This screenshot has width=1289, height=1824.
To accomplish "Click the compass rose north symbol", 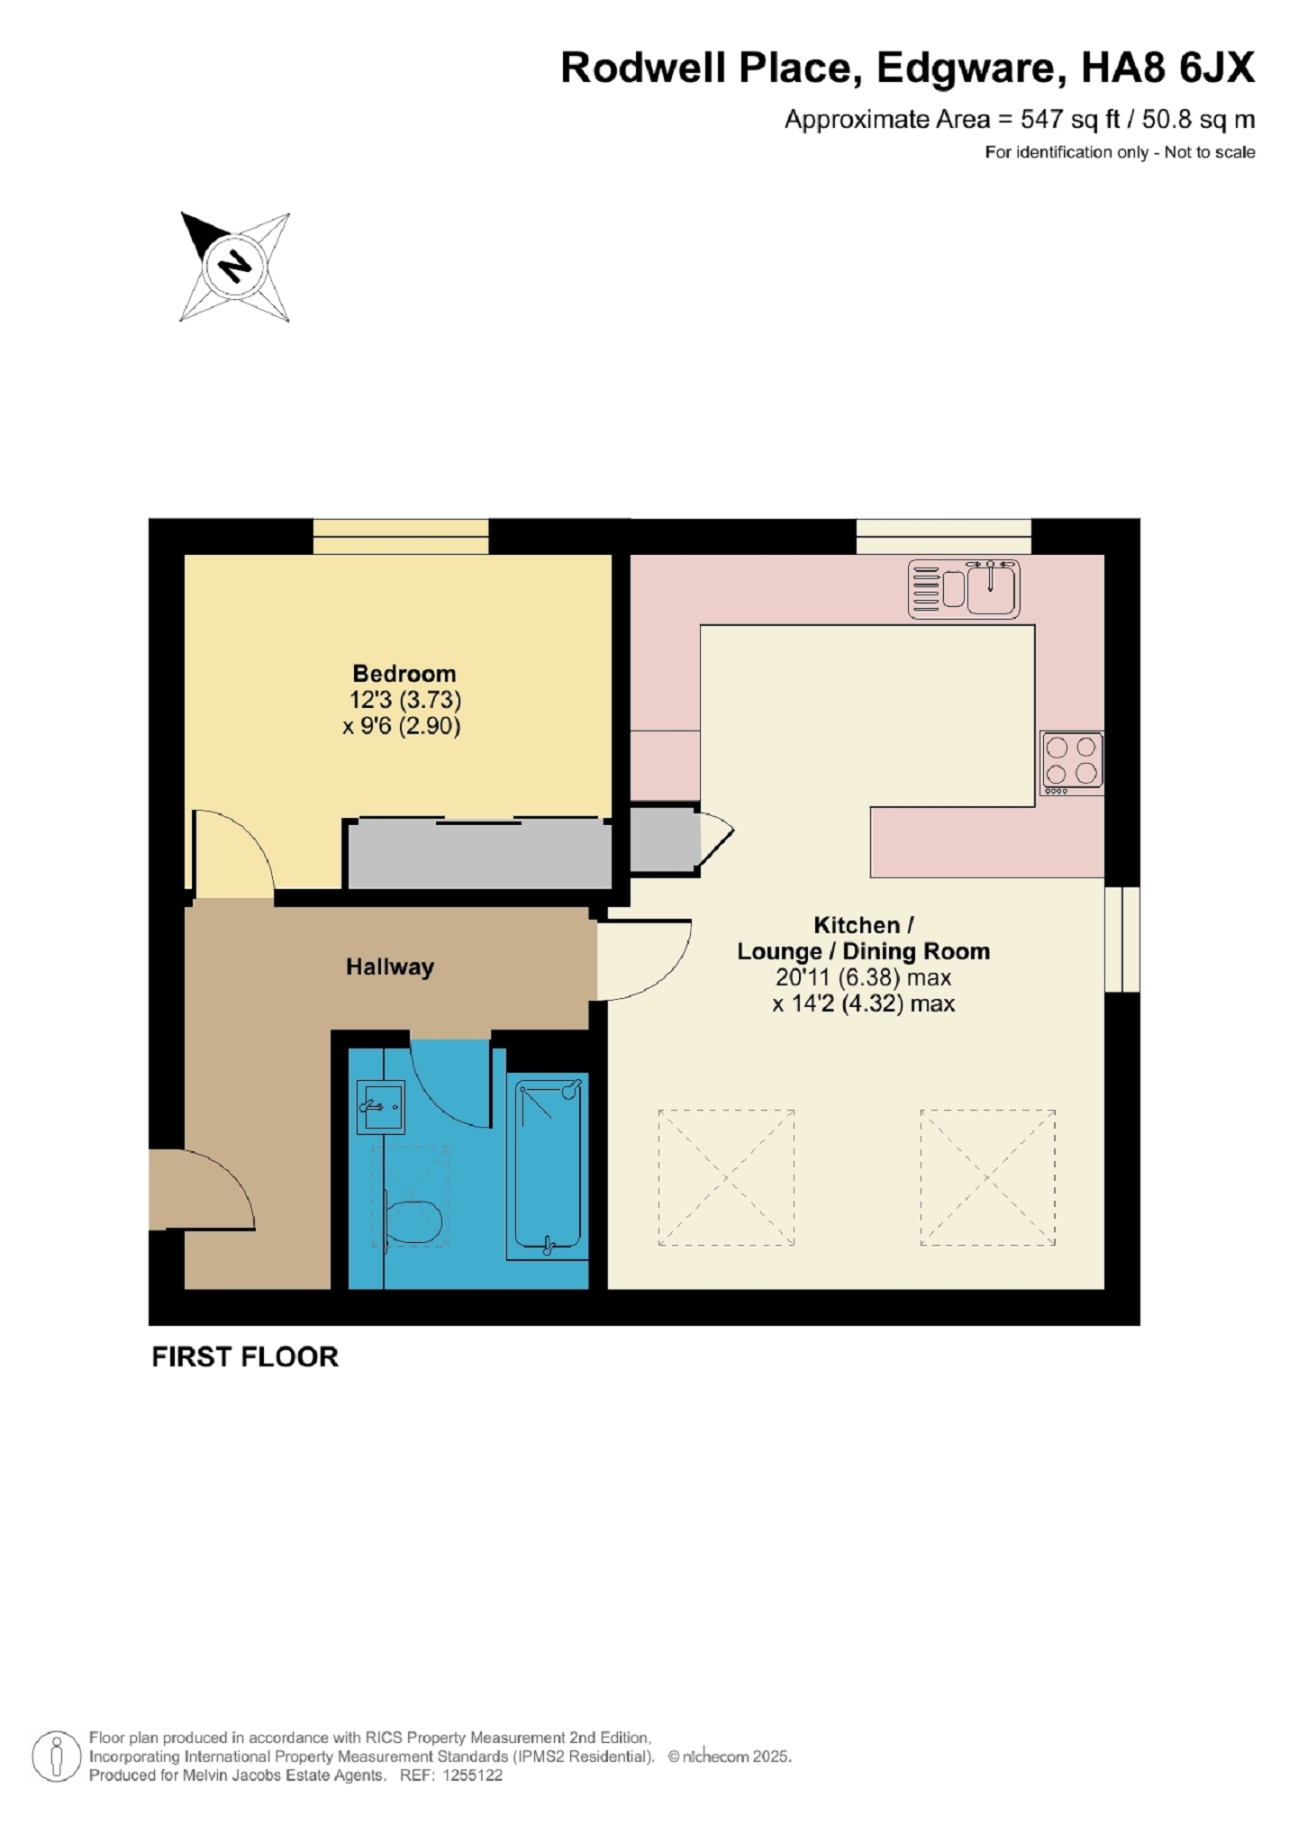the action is [x=235, y=267].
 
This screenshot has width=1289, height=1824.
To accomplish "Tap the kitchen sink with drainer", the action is [x=963, y=589].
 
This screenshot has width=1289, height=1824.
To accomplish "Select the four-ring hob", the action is [x=1071, y=762].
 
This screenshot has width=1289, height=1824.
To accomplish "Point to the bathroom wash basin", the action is [x=380, y=1106].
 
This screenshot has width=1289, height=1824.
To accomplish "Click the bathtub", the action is [x=548, y=1166].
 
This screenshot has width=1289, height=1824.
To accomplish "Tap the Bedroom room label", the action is [x=404, y=674].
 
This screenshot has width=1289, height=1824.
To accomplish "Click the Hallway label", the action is [x=390, y=966].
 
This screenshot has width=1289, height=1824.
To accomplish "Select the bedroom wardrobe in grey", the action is [x=478, y=853].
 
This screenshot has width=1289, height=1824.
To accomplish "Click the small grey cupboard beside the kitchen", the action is [x=664, y=839].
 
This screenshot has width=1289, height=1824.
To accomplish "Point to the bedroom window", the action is [x=401, y=537].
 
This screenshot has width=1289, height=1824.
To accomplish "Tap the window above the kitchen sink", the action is [x=943, y=537].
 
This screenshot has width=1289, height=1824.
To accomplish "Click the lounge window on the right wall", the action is [x=1121, y=939].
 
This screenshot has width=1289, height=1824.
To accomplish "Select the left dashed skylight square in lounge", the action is [x=726, y=1177].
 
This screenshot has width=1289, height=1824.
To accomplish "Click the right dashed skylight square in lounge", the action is [x=987, y=1177].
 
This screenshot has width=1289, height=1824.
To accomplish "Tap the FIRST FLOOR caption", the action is [x=245, y=1357].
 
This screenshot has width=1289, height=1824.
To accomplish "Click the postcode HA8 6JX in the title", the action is [x=1167, y=68].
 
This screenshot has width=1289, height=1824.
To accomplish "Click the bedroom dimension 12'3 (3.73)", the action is [x=405, y=700].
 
